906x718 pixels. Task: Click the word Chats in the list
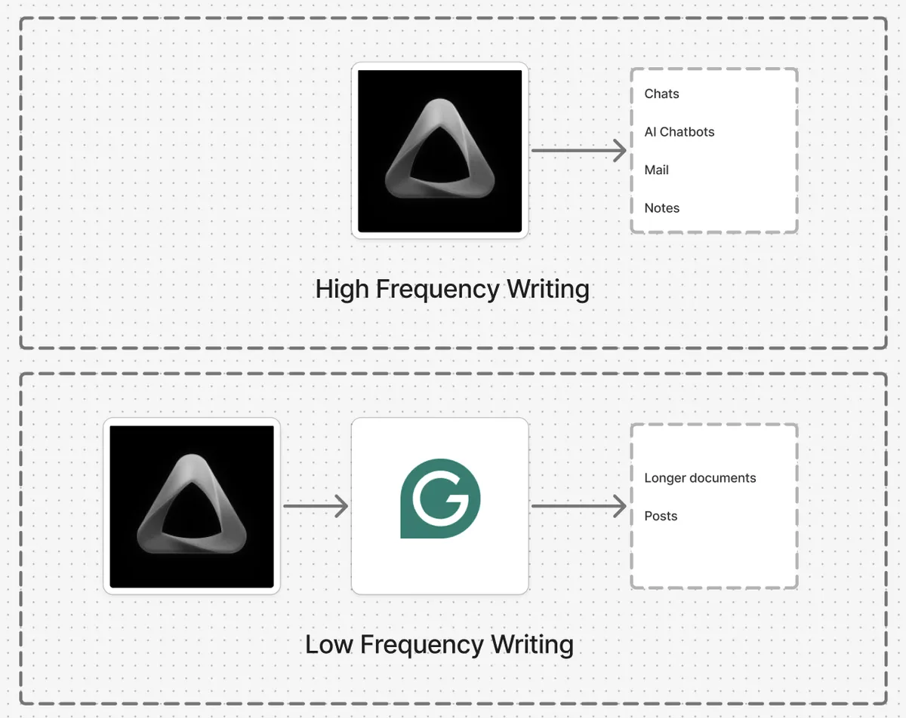pyautogui.click(x=661, y=94)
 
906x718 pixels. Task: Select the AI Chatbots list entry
pyautogui.click(x=679, y=131)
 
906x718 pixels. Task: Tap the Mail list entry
pyautogui.click(x=656, y=170)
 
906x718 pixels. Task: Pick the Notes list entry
pyautogui.click(x=661, y=207)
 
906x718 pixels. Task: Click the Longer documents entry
pyautogui.click(x=700, y=477)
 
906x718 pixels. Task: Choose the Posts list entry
pyautogui.click(x=661, y=516)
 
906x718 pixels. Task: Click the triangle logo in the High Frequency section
pyautogui.click(x=440, y=151)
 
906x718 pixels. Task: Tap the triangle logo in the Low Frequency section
pyautogui.click(x=192, y=506)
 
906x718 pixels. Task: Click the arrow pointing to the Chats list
pyautogui.click(x=579, y=151)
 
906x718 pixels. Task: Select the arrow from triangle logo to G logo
pyautogui.click(x=316, y=506)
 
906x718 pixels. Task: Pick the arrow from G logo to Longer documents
pyautogui.click(x=579, y=506)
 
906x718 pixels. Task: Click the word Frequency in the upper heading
pyautogui.click(x=437, y=290)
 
